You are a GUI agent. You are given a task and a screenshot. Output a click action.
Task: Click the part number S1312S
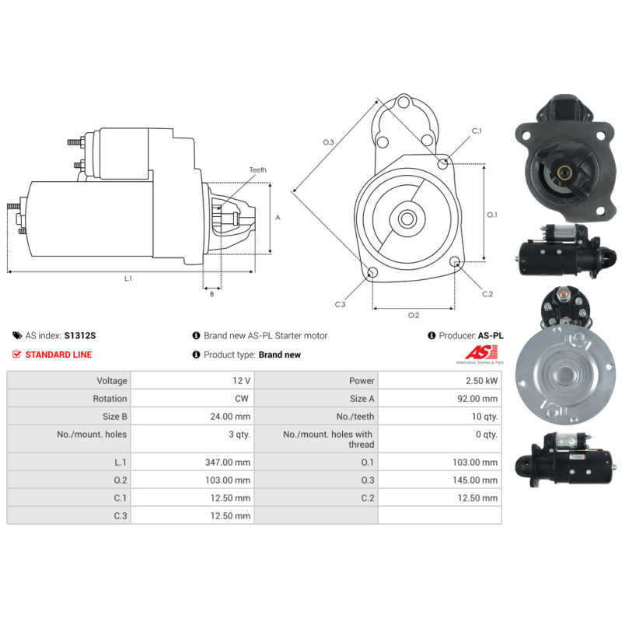[80, 336]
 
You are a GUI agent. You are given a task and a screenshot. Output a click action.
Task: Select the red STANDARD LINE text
[58, 355]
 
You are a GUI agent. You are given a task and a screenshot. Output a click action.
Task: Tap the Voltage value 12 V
[241, 381]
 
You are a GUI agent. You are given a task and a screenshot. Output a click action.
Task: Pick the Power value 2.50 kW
[481, 381]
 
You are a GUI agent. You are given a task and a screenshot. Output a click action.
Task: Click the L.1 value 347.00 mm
[228, 462]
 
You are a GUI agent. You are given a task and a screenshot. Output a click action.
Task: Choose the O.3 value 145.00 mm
[475, 480]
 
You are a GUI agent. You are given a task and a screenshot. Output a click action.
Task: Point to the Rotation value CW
[242, 399]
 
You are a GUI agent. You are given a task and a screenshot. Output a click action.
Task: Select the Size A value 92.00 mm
[477, 399]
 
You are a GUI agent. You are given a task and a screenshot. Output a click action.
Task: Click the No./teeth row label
[355, 417]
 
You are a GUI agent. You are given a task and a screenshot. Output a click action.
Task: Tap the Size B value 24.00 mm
[230, 417]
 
